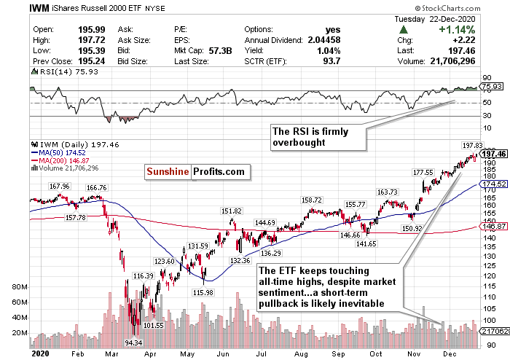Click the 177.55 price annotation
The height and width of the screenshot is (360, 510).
click(423, 173)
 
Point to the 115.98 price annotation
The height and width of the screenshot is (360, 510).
click(203, 292)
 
